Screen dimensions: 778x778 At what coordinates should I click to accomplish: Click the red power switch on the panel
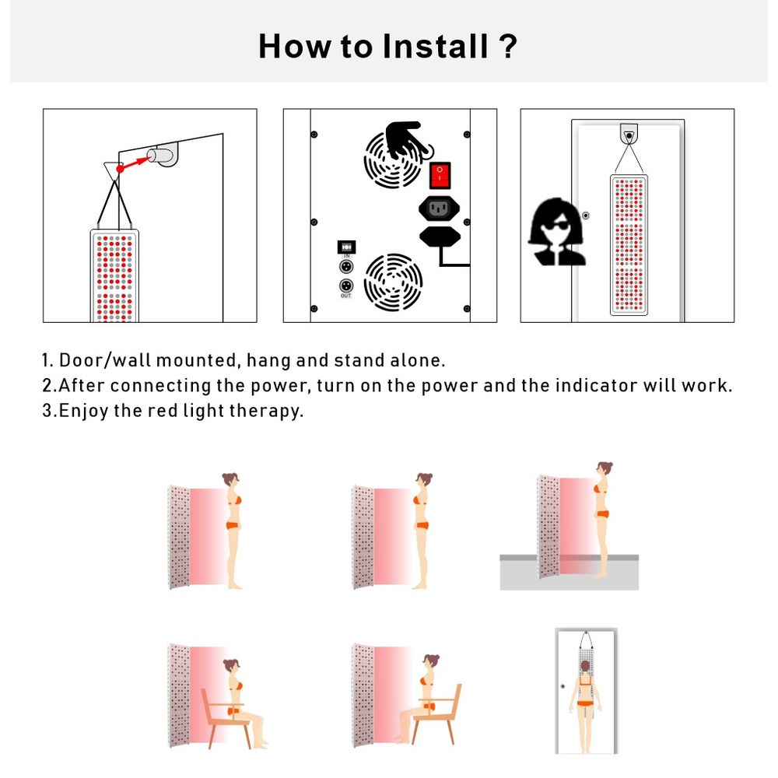440,175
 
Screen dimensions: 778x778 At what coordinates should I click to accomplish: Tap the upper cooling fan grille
394,160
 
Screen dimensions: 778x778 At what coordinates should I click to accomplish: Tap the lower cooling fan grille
393,282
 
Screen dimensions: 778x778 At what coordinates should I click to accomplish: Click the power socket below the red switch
439,208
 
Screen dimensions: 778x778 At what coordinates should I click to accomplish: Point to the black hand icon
408,139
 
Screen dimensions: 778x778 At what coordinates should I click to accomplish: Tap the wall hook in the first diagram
164,154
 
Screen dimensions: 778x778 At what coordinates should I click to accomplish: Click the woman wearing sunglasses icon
556,231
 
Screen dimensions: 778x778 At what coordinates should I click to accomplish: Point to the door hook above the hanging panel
629,134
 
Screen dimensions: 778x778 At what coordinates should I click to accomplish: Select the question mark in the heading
506,46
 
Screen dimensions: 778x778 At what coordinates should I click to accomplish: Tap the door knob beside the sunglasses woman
586,216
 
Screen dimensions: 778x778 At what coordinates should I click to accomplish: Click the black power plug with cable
439,237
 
